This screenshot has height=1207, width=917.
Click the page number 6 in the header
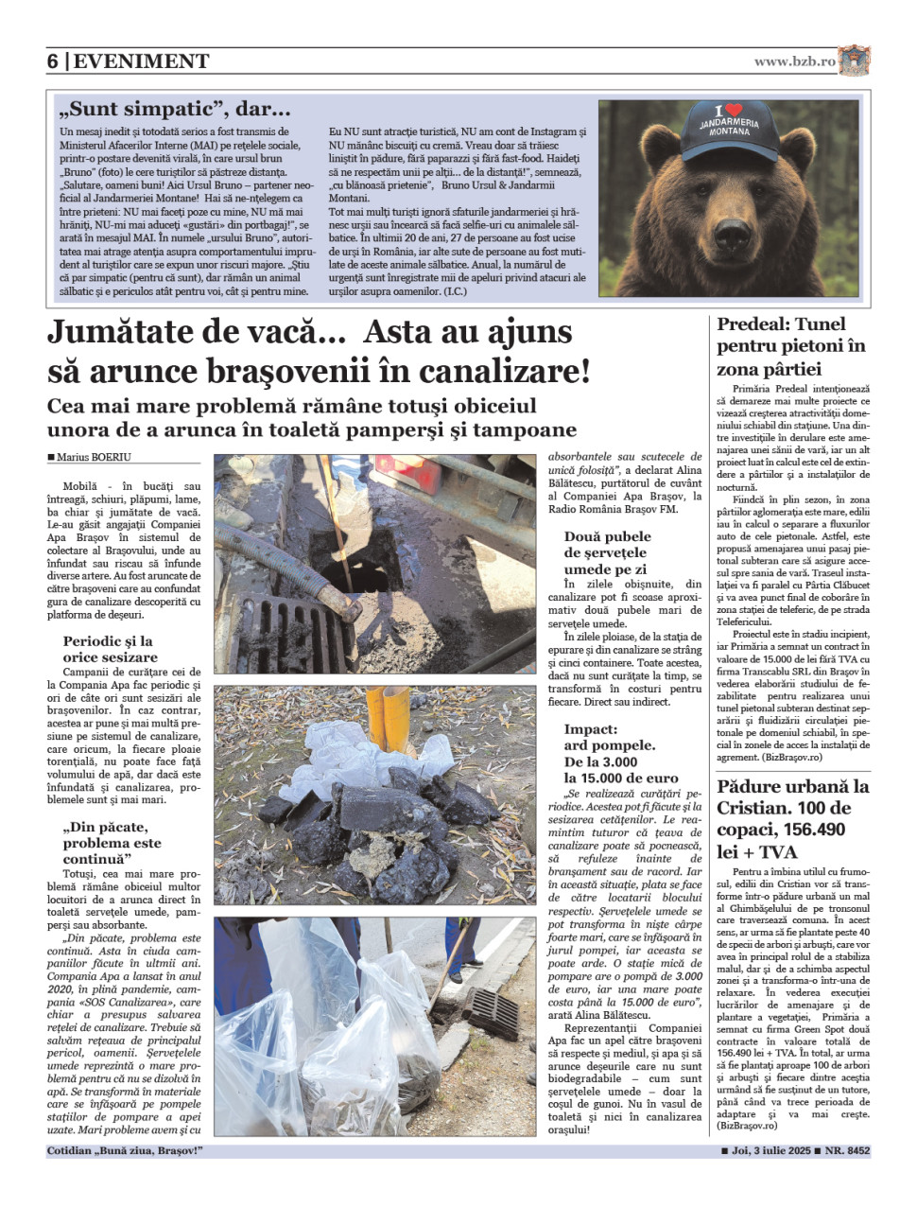tap(53, 61)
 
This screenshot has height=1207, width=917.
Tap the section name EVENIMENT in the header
tap(141, 61)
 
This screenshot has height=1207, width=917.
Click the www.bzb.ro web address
tap(794, 61)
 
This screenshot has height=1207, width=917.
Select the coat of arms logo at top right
tap(854, 61)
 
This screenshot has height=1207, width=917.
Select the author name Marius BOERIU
tap(94, 457)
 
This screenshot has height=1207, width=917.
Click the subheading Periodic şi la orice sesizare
tap(111, 649)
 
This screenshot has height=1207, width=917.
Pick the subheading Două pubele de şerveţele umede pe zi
tap(607, 552)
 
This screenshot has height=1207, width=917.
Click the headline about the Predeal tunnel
tap(790, 346)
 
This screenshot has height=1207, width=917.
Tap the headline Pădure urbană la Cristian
tap(792, 818)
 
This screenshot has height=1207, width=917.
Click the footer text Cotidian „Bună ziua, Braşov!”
tap(125, 1151)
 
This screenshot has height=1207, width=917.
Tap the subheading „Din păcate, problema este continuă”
tap(112, 843)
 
